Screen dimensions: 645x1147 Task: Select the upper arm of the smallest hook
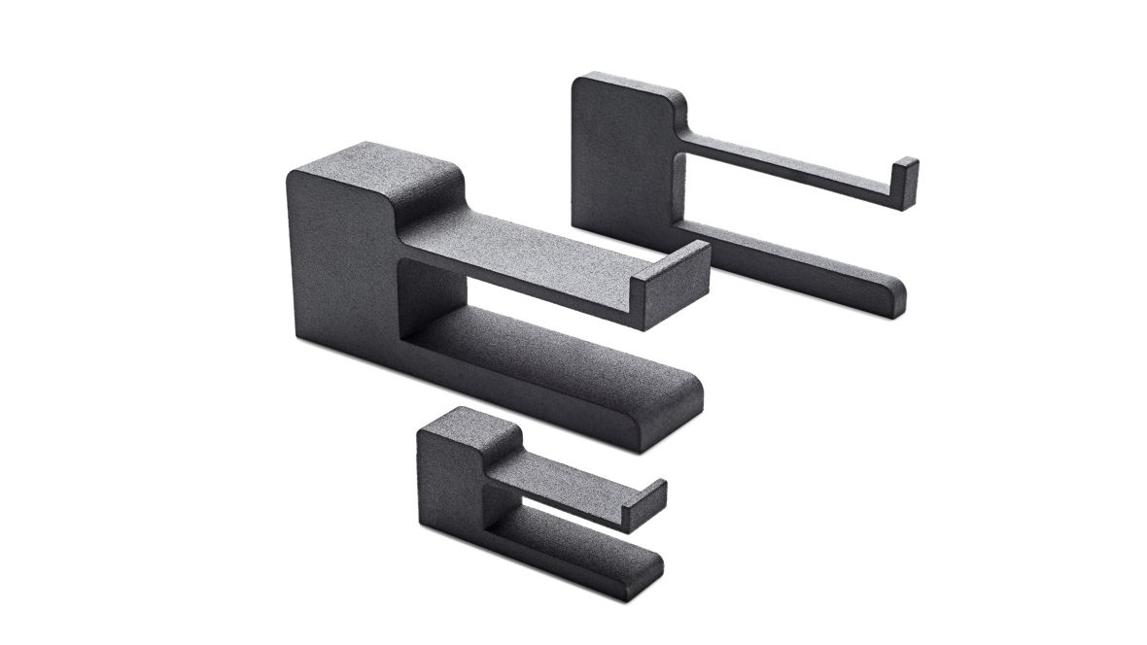click(x=564, y=483)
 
